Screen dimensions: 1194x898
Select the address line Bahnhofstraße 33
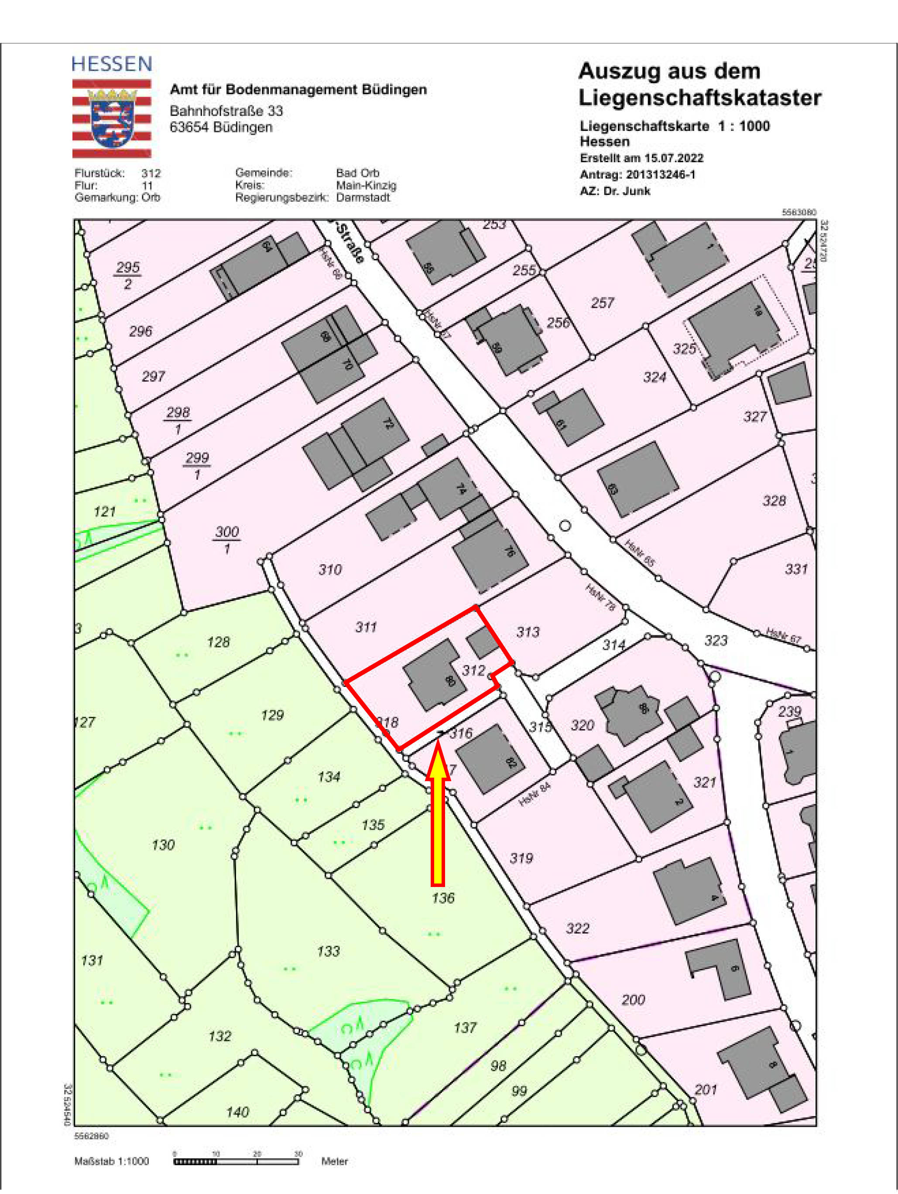[226, 111]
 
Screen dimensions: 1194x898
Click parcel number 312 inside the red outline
[473, 670]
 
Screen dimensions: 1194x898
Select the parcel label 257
[602, 303]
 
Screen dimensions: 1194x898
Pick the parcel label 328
[774, 501]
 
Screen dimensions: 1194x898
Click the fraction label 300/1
[227, 540]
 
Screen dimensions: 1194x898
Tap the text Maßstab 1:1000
[111, 1161]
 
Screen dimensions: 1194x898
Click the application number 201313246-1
[660, 174]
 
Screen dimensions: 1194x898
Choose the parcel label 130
[163, 845]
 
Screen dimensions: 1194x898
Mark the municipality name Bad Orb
[357, 173]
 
